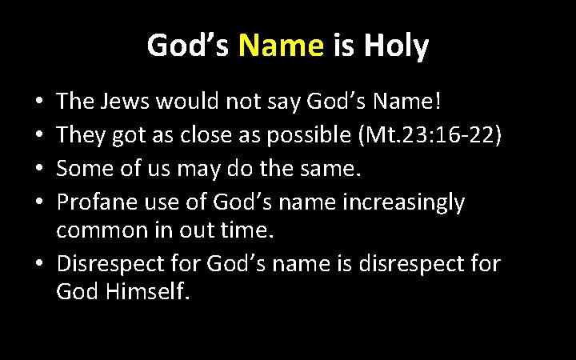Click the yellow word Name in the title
280,46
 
